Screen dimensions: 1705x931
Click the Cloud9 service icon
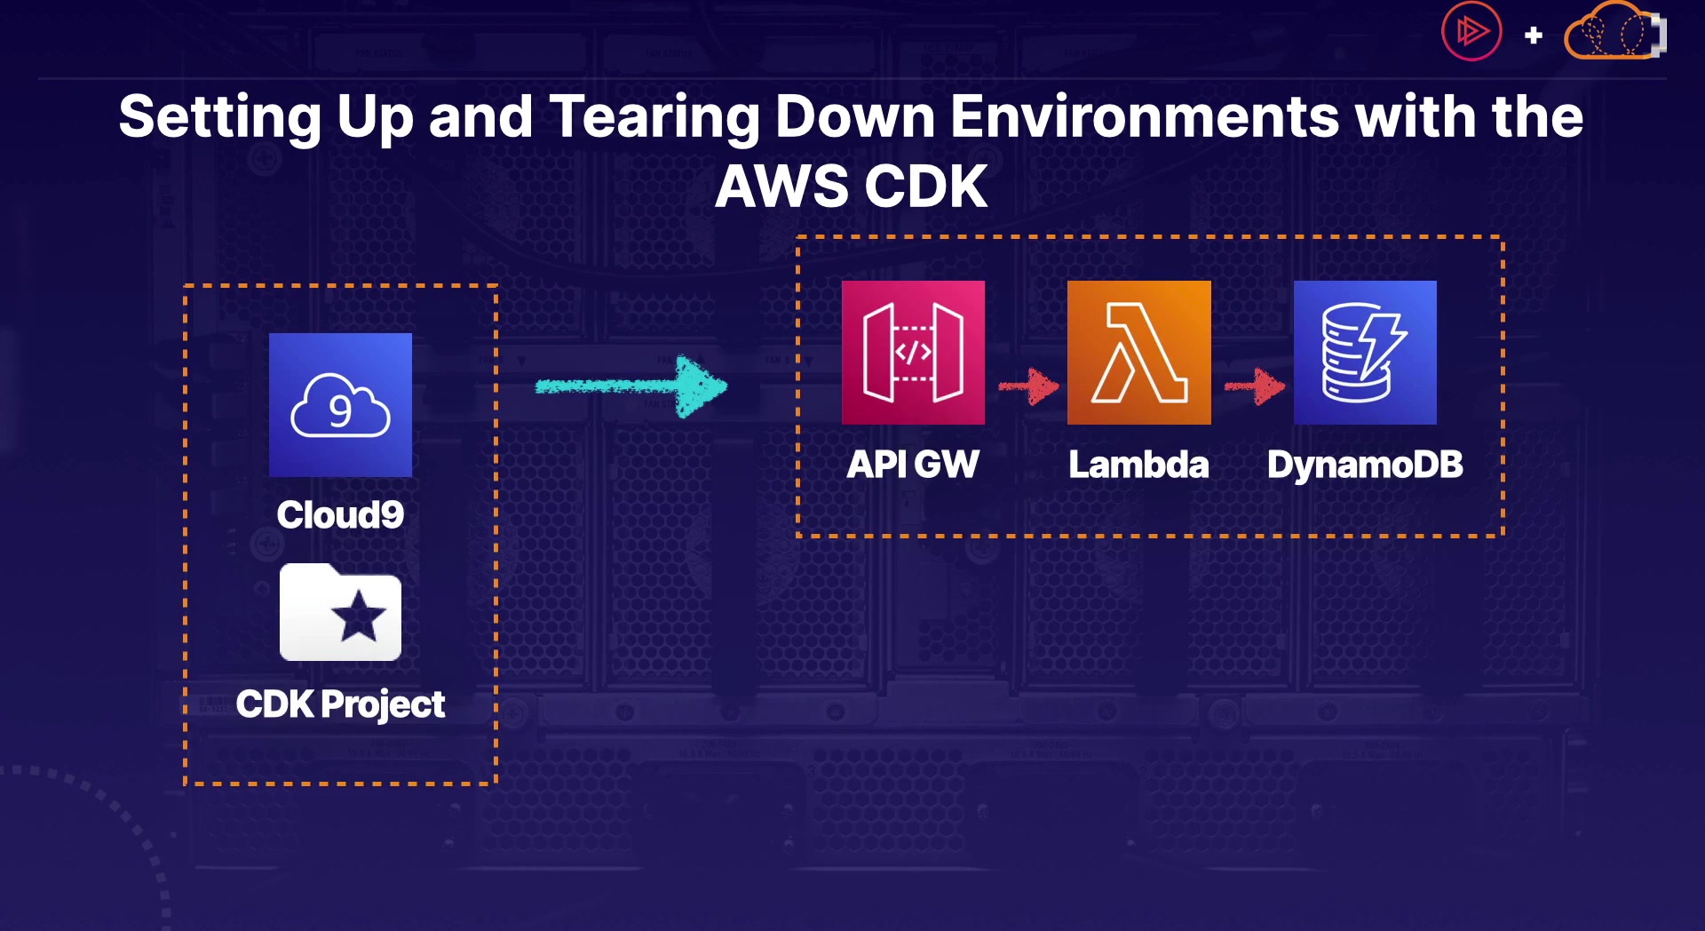click(340, 405)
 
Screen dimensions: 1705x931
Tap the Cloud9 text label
click(340, 515)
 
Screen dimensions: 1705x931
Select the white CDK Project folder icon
click(340, 612)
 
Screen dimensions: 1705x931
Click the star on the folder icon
click(359, 615)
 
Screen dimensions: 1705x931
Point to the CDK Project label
click(340, 704)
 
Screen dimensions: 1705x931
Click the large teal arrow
click(631, 386)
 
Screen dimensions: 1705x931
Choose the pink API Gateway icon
click(913, 353)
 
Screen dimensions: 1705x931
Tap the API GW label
click(913, 465)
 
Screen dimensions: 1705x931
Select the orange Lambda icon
click(1139, 353)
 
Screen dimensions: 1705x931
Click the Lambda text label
click(1139, 465)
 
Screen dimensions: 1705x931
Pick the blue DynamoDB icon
click(1365, 353)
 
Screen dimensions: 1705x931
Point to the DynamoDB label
click(1365, 465)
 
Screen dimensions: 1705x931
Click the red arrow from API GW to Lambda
click(1028, 386)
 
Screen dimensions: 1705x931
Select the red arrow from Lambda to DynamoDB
click(1255, 386)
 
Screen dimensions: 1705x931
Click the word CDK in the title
click(926, 187)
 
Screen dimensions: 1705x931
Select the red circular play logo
click(1471, 31)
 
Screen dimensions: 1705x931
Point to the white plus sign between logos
click(1534, 36)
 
